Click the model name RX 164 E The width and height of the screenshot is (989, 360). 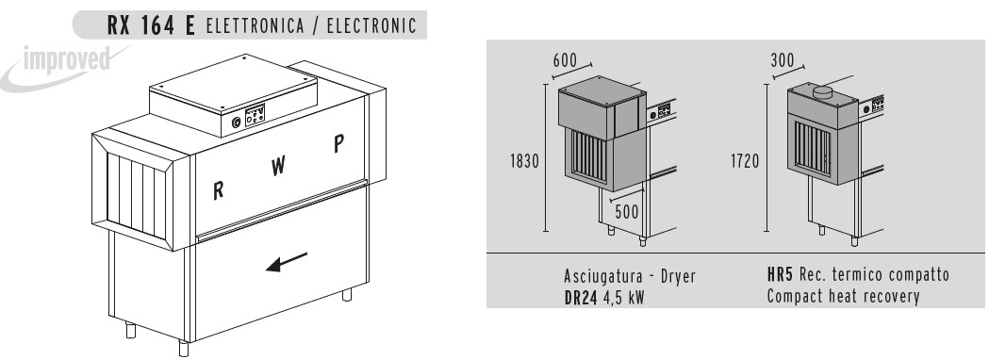click(151, 24)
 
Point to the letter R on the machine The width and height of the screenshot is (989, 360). click(218, 188)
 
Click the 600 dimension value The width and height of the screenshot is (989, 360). click(566, 59)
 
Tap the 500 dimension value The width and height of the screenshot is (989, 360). click(627, 212)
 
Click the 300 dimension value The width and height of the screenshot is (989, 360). click(782, 59)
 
